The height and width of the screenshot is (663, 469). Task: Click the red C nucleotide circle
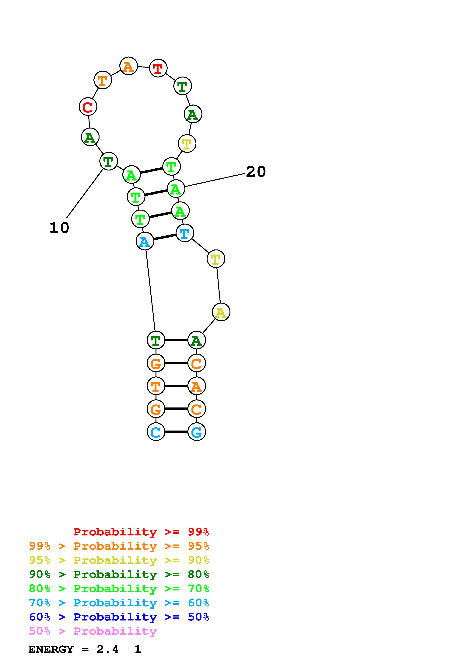88,107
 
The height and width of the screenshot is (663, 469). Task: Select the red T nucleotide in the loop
158,68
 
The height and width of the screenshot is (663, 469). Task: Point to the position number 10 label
59,228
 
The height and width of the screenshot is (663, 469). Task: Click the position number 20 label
256,172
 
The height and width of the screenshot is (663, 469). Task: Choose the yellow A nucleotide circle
221,312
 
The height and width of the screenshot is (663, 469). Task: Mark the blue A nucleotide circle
145,241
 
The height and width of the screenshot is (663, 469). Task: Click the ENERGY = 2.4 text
73,649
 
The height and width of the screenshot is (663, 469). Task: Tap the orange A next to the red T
129,66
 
